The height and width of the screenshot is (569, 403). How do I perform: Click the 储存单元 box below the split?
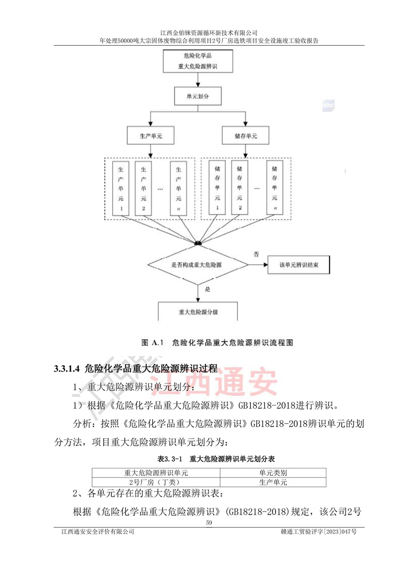246,136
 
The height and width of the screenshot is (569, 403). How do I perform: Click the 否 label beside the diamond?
256,254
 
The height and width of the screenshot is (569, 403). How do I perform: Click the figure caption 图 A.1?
151,343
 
